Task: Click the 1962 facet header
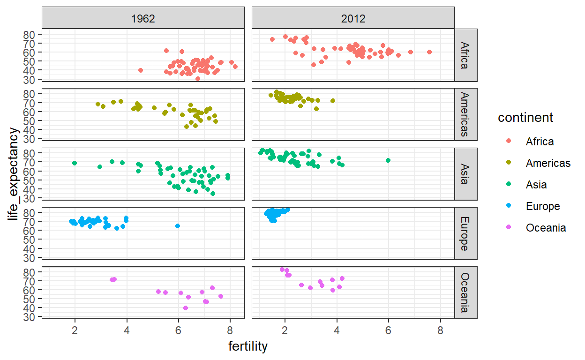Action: [143, 18]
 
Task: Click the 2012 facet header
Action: [353, 18]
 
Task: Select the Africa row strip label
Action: [465, 55]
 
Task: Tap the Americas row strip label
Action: [465, 114]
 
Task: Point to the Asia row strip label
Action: [465, 174]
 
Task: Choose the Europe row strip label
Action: [465, 233]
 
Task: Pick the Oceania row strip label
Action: [465, 293]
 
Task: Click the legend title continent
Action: [525, 118]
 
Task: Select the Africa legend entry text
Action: [540, 142]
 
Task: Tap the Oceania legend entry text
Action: [546, 228]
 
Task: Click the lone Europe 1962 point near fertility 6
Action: [178, 226]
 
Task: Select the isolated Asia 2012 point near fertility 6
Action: [388, 160]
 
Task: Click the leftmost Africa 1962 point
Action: [141, 70]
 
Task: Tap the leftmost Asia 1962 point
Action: [75, 163]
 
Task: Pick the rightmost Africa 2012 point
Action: [429, 52]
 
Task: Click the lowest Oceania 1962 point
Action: [186, 308]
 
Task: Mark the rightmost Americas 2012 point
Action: [333, 101]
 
